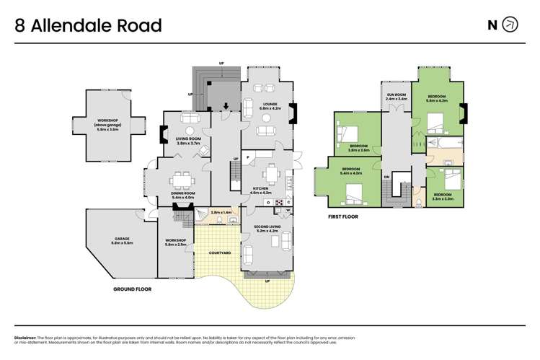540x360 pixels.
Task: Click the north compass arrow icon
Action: (510, 25)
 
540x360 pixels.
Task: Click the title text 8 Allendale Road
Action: (88, 26)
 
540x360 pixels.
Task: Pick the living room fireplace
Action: (162, 133)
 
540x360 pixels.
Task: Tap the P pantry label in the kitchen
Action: (246, 156)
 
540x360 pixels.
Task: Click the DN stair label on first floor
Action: (387, 176)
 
